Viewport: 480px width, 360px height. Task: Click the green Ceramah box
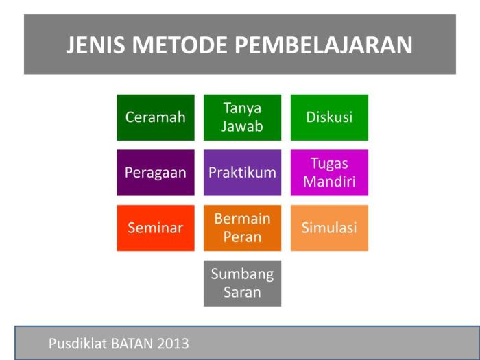[x=155, y=117]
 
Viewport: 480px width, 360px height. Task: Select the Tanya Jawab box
[x=242, y=117]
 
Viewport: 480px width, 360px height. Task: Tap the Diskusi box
[x=329, y=117]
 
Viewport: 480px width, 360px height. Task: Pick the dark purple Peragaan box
[x=155, y=173]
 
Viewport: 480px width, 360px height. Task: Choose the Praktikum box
[x=242, y=173]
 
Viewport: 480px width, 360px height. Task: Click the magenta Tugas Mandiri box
[x=329, y=173]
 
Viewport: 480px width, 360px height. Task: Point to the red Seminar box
[x=155, y=228]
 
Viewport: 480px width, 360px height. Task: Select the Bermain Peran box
[x=242, y=228]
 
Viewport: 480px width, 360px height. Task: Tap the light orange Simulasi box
[x=329, y=228]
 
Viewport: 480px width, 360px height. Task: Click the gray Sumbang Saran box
[x=242, y=283]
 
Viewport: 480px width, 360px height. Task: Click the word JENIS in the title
[x=97, y=45]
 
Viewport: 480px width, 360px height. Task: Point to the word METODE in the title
[x=181, y=45]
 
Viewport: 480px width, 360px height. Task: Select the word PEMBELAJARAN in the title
[x=324, y=45]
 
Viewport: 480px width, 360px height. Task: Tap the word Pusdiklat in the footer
[x=76, y=344]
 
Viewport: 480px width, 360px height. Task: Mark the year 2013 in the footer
[x=174, y=344]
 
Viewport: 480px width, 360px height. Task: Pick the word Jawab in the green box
[x=242, y=127]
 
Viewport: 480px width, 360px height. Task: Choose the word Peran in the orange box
[x=242, y=237]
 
